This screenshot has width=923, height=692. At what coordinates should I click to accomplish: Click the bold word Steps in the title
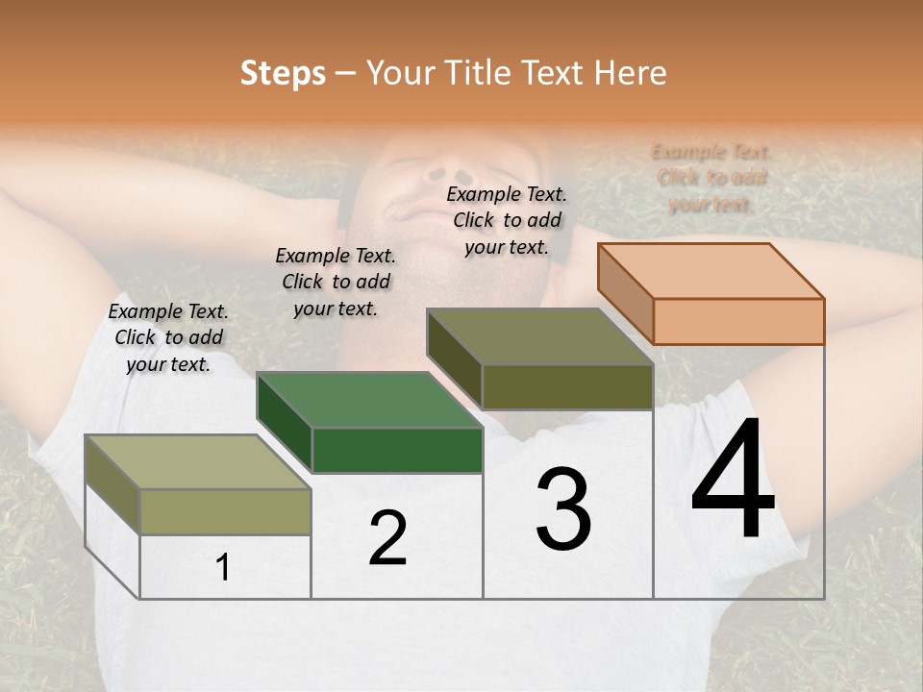(x=283, y=73)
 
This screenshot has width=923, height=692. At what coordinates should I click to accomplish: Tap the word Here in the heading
(x=629, y=73)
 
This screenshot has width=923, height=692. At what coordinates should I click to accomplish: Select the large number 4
(x=733, y=481)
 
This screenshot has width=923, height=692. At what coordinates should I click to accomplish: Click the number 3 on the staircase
(x=563, y=508)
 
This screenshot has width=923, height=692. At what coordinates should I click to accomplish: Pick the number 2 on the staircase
(x=387, y=539)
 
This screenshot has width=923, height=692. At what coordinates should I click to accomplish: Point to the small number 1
(x=223, y=568)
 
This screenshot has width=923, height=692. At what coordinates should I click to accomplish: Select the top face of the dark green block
(x=369, y=400)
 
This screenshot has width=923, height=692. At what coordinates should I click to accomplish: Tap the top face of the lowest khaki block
(x=198, y=462)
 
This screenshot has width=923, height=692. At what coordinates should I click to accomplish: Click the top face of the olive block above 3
(x=539, y=336)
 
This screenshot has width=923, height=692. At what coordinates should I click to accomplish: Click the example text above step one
(x=168, y=337)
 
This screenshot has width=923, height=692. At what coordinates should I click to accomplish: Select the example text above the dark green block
(x=336, y=282)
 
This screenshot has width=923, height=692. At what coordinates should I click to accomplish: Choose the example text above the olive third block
(x=507, y=220)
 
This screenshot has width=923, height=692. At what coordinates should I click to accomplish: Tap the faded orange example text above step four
(x=711, y=178)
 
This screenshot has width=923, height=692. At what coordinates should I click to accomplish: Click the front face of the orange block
(x=738, y=321)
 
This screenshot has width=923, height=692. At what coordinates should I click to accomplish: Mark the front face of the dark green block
(x=397, y=450)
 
